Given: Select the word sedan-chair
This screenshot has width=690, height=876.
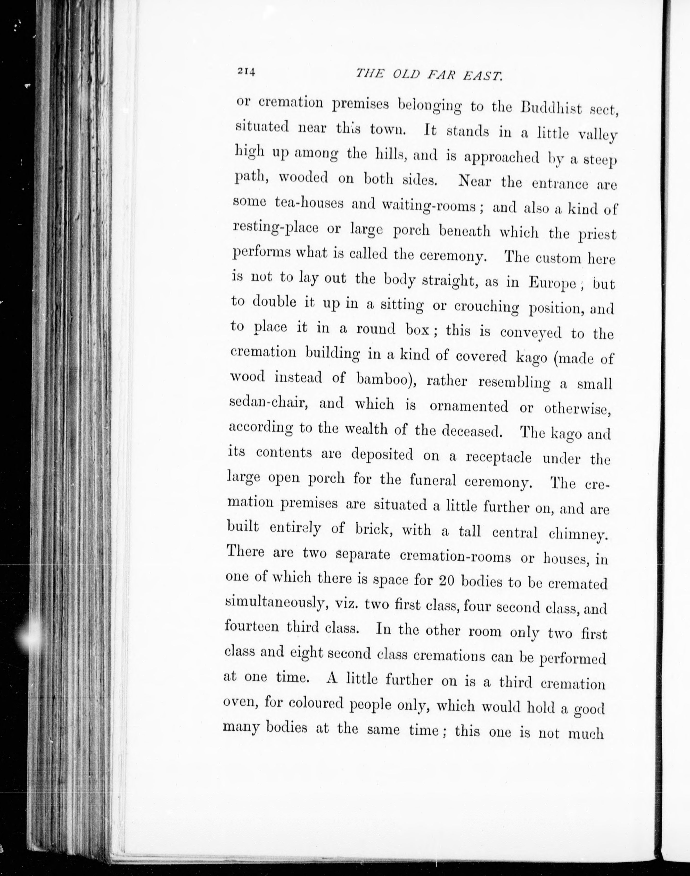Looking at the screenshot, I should click(x=269, y=402).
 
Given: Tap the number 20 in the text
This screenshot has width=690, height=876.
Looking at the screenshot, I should click(x=447, y=580).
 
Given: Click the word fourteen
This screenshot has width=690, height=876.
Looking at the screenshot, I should click(x=251, y=626).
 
